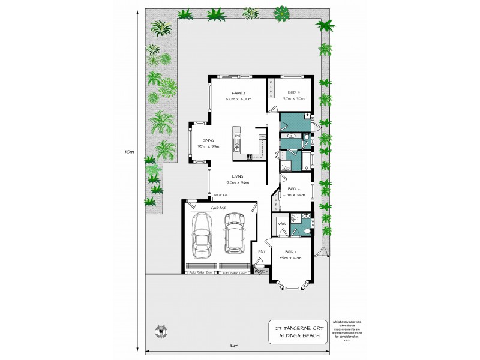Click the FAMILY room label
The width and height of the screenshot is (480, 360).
[x=237, y=92]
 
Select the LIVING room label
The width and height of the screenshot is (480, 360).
[x=237, y=176]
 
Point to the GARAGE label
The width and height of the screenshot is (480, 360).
[x=218, y=207]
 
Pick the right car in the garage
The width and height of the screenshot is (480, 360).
[x=234, y=233]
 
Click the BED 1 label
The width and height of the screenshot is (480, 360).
[x=289, y=251]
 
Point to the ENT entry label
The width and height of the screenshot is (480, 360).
[x=262, y=251]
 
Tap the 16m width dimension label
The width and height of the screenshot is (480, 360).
[x=233, y=346]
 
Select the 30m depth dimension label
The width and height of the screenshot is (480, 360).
[x=130, y=152]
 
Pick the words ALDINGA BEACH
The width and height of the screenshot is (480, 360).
[x=298, y=337]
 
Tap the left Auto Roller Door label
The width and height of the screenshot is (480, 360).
[x=202, y=272]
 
